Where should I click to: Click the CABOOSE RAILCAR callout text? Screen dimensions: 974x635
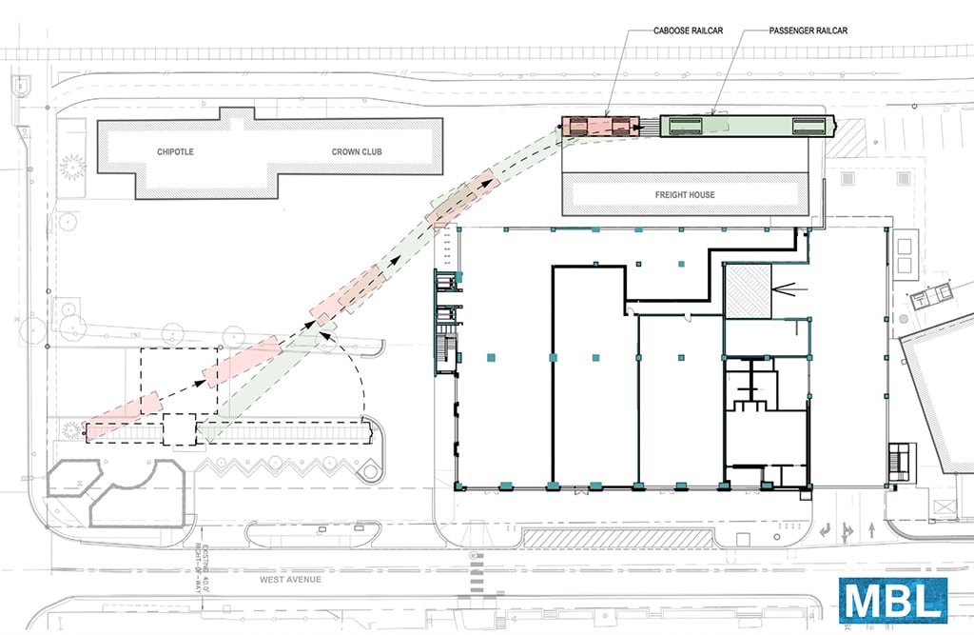pyautogui.click(x=688, y=30)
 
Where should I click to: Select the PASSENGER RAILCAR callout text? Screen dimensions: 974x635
pyautogui.click(x=808, y=30)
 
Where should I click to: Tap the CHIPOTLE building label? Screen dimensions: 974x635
pyautogui.click(x=175, y=151)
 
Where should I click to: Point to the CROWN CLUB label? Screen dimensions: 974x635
pyautogui.click(x=357, y=151)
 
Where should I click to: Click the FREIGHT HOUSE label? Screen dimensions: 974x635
pyautogui.click(x=685, y=194)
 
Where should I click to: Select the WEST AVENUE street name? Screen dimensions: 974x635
pyautogui.click(x=290, y=580)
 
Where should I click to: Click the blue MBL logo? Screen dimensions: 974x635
pyautogui.click(x=893, y=600)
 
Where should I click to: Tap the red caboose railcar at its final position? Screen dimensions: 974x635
pyautogui.click(x=601, y=127)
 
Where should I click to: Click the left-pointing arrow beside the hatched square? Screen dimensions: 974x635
pyautogui.click(x=789, y=289)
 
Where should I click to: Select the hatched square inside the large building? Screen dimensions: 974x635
pyautogui.click(x=748, y=291)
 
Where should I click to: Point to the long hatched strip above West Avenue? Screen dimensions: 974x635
pyautogui.click(x=617, y=538)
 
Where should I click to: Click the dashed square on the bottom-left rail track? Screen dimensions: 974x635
pyautogui.click(x=180, y=429)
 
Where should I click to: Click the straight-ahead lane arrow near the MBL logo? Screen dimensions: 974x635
pyautogui.click(x=872, y=530)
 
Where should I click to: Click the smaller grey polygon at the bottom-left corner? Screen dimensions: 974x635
pyautogui.click(x=74, y=478)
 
